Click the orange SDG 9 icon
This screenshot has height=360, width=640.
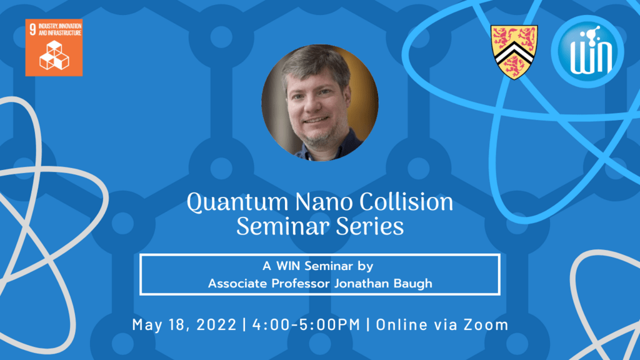pyautogui.click(x=54, y=47)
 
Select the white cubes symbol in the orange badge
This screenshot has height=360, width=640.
pyautogui.click(x=54, y=55)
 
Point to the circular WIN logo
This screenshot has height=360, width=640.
pyautogui.click(x=587, y=51)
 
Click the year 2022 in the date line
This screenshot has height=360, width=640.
pyautogui.click(x=215, y=325)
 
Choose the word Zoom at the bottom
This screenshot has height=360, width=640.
pyautogui.click(x=486, y=325)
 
